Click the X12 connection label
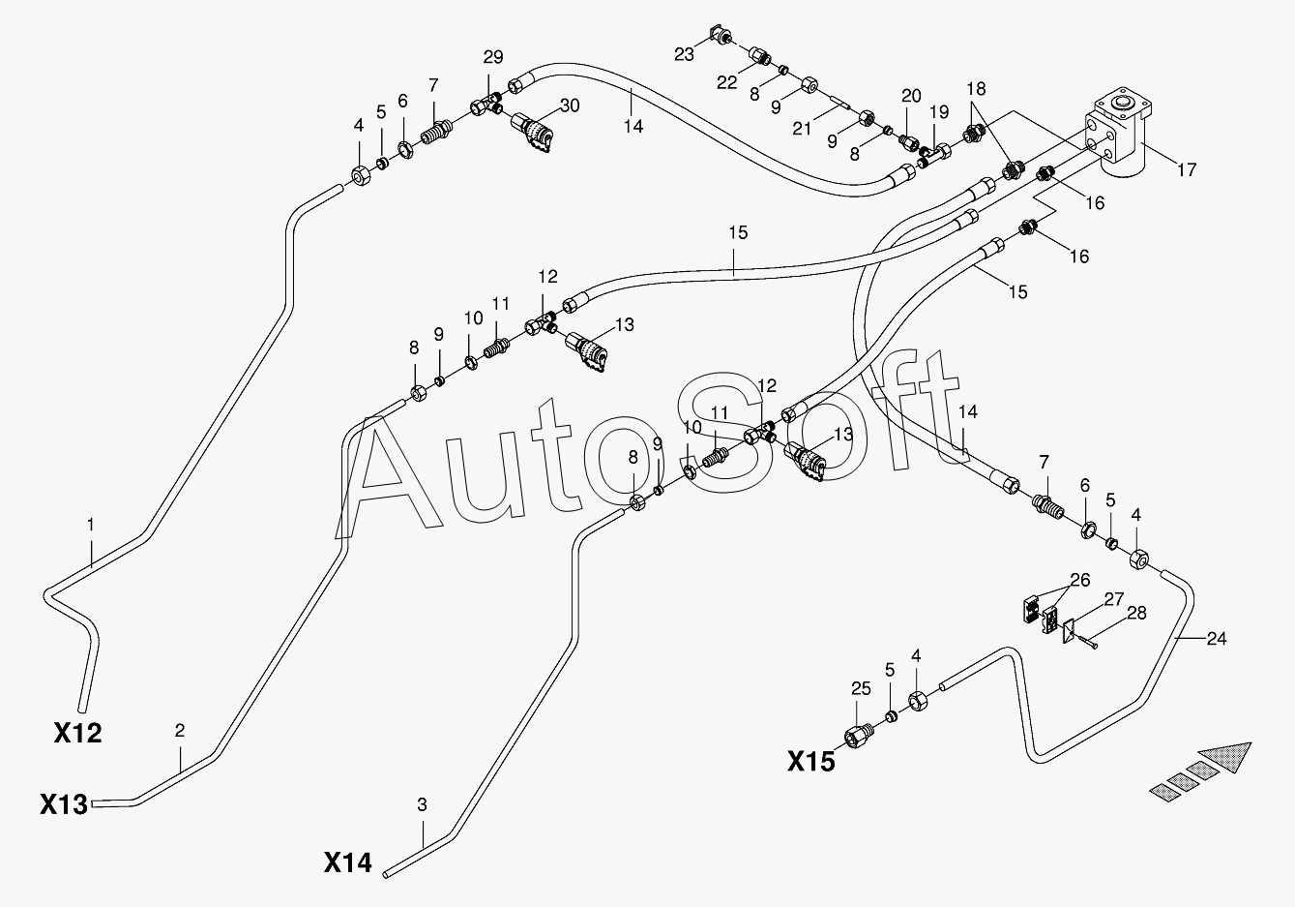77,733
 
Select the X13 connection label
64,803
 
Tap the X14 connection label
347,862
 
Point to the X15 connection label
810,762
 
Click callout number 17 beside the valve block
1187,170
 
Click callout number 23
684,54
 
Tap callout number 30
570,106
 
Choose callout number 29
493,56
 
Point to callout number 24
1217,638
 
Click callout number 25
861,688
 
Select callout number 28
1136,613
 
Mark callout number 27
1114,597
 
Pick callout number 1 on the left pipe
91,525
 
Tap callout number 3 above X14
422,803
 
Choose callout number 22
727,83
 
